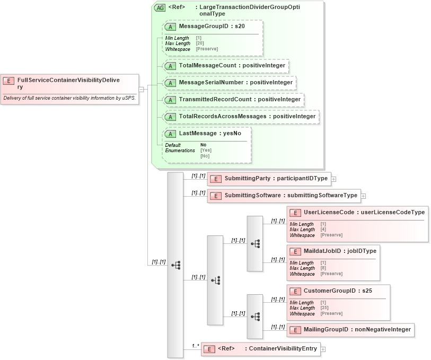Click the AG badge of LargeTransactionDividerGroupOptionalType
coord(160,8)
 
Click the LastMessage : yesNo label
coord(210,134)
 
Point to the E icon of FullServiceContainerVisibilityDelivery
coord(8,81)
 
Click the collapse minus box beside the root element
coord(141,89)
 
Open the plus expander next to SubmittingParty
coord(333,179)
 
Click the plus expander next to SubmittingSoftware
coord(363,196)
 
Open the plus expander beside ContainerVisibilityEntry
coord(323,349)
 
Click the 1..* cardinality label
coord(195,346)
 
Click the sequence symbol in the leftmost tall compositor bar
coord(175,265)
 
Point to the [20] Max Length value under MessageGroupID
coord(200,43)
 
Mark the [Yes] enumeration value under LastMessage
coord(205,151)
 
